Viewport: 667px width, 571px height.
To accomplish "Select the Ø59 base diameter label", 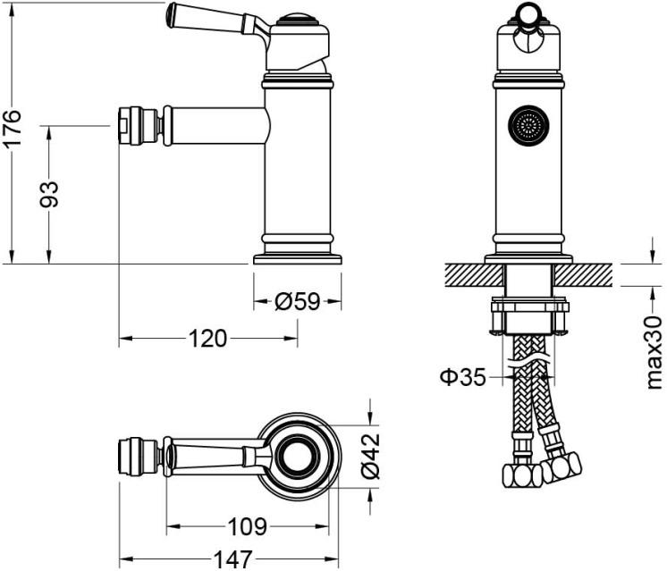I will (x=297, y=302).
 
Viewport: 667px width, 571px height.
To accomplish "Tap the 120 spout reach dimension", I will (x=207, y=338).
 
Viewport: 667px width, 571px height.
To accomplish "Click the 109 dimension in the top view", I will (x=245, y=525).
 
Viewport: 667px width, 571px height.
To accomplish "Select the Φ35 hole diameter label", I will (x=462, y=376).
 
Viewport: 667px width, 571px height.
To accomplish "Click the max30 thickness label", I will (x=654, y=351).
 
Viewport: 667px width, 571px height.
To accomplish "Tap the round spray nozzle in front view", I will (x=528, y=126).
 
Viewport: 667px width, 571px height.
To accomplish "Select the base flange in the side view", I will (x=298, y=258).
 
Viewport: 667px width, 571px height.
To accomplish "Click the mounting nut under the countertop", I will (x=529, y=317).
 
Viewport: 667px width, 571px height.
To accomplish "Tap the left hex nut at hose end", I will (x=522, y=474).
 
